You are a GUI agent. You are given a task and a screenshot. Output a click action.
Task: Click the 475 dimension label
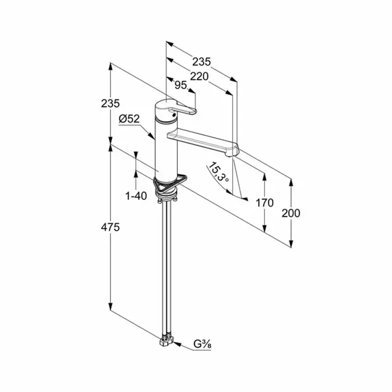(110, 227)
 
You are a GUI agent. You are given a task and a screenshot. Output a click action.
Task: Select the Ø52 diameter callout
(129, 119)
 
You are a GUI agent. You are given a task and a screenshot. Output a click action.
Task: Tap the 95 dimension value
(180, 85)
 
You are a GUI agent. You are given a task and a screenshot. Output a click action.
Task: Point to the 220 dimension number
(199, 76)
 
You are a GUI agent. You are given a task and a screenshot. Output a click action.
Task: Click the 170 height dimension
(265, 203)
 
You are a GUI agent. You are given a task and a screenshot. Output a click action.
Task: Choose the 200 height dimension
(291, 213)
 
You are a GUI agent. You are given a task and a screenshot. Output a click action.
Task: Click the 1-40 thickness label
(136, 196)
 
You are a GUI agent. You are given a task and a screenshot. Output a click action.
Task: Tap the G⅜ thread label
(202, 344)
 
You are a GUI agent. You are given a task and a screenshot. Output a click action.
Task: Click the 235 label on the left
(110, 103)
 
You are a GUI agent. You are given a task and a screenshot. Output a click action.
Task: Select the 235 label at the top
(201, 62)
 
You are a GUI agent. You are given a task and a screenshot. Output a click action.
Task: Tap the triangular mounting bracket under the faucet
(170, 183)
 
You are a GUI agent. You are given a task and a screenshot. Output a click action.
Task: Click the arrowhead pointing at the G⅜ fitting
(177, 344)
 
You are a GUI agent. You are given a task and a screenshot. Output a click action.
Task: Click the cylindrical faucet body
(166, 150)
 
